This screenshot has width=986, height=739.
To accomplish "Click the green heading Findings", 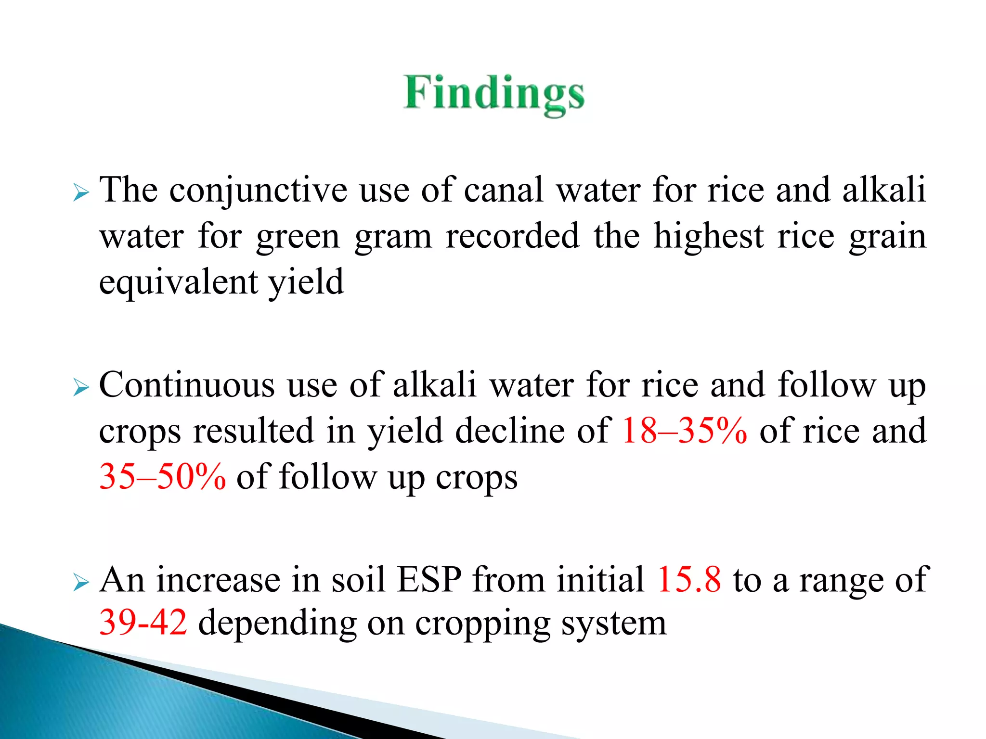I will pyautogui.click(x=493, y=94).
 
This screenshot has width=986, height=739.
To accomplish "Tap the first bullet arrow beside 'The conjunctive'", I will pyautogui.click(x=81, y=194).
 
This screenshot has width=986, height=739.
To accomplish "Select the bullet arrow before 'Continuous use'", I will pyautogui.click(x=81, y=388).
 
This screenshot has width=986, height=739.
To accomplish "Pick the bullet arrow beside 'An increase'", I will pyautogui.click(x=81, y=583).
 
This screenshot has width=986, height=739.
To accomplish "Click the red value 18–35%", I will pyautogui.click(x=684, y=431).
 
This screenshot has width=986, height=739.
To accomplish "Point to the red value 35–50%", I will pyautogui.click(x=162, y=476).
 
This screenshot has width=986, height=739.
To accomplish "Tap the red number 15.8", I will pyautogui.click(x=689, y=579).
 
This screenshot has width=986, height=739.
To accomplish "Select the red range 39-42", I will pyautogui.click(x=143, y=623).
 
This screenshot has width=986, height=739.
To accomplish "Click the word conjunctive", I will pyautogui.click(x=258, y=191).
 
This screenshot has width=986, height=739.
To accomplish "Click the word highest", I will pyautogui.click(x=708, y=236).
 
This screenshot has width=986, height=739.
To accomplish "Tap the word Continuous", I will pyautogui.click(x=187, y=385).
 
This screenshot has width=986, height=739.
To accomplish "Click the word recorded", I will pyautogui.click(x=512, y=236).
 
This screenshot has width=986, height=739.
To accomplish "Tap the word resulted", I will pyautogui.click(x=254, y=431).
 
